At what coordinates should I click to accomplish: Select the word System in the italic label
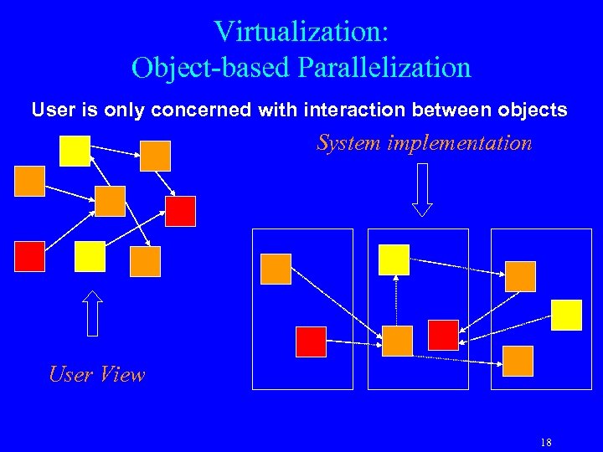348,143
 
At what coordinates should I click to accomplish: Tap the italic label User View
96,374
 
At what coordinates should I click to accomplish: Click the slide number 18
546,442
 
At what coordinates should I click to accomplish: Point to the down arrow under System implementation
422,189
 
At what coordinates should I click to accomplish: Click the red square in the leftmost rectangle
311,342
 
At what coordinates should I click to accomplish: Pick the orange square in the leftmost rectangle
276,269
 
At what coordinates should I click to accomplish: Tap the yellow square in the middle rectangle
394,259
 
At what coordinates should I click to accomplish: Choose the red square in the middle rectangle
443,335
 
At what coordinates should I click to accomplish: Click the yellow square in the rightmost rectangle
567,315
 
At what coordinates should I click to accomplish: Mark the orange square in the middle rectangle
398,341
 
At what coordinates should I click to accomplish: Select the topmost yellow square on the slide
75,151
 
